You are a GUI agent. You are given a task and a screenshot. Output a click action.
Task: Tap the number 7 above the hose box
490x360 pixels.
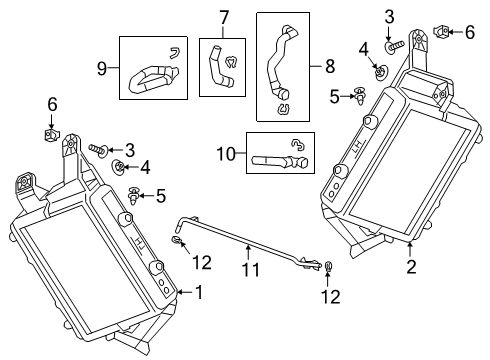click(x=225, y=16)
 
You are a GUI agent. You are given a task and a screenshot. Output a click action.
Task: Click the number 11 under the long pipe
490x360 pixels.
click(x=251, y=269)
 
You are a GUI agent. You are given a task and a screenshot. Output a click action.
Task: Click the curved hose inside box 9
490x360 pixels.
click(x=153, y=72)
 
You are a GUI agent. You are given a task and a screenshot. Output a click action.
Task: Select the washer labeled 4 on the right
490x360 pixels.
click(x=382, y=71)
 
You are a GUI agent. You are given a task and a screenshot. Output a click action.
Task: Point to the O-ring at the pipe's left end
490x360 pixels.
click(x=176, y=240)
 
